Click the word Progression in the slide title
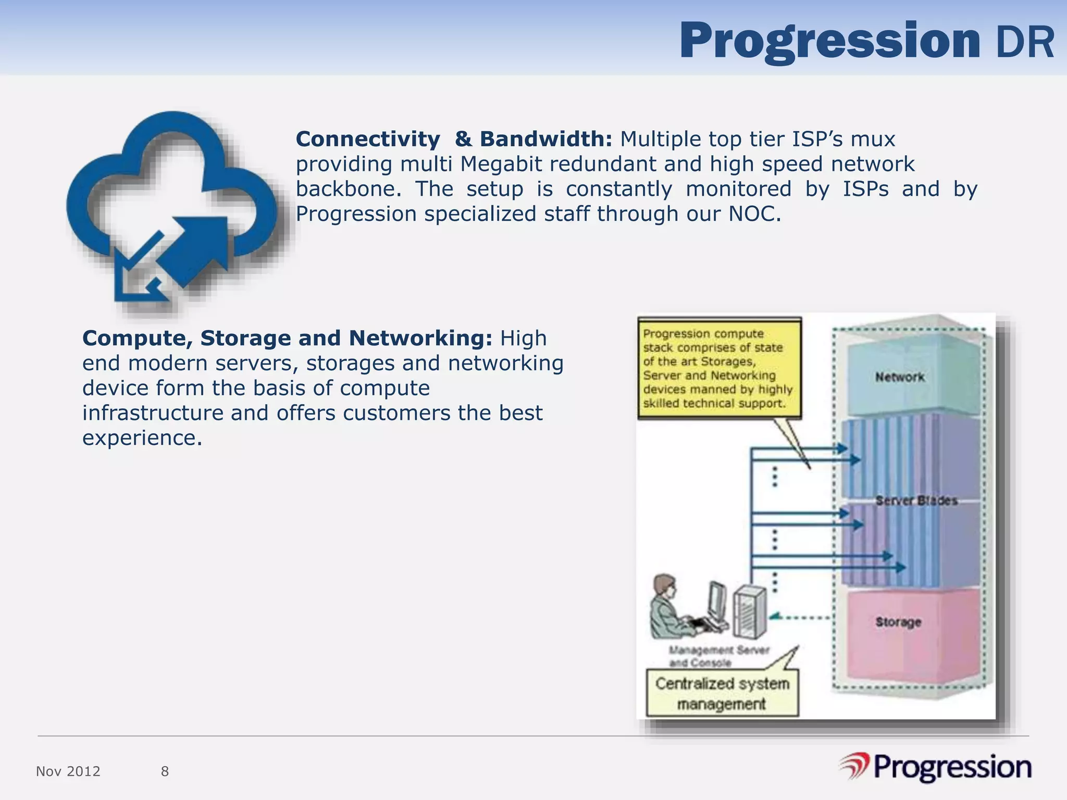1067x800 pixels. [x=829, y=42]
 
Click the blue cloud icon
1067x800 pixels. [x=172, y=208]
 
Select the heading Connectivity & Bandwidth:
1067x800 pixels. [x=453, y=139]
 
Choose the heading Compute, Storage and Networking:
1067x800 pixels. [x=287, y=338]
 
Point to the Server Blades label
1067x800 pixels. [x=916, y=501]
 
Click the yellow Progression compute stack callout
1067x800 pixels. [x=719, y=368]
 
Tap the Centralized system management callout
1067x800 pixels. [x=722, y=693]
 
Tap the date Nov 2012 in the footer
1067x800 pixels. [x=68, y=771]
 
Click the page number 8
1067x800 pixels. [x=165, y=771]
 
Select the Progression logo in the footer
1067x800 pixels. [x=935, y=768]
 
